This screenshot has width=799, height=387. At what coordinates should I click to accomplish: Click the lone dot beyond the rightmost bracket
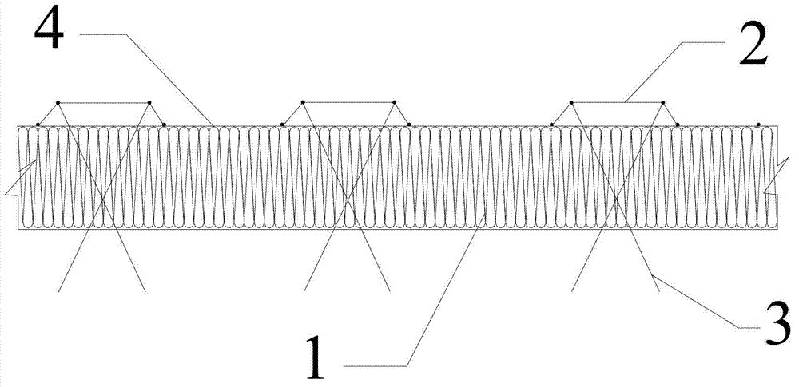click(x=758, y=124)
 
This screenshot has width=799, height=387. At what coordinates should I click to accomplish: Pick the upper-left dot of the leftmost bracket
click(x=58, y=102)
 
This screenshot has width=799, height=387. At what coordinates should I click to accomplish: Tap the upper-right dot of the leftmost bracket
click(x=149, y=102)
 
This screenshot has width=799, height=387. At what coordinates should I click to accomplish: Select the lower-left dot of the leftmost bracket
click(x=38, y=124)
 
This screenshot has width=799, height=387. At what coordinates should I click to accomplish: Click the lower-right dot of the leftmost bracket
click(x=164, y=124)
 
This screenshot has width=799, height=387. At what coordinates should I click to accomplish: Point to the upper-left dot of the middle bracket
click(x=303, y=102)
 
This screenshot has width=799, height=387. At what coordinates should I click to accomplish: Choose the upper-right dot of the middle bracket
click(x=394, y=102)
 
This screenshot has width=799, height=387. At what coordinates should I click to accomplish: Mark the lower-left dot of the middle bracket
click(x=282, y=124)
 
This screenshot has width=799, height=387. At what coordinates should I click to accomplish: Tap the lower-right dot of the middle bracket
click(x=409, y=124)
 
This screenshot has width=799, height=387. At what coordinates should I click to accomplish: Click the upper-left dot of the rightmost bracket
click(x=571, y=102)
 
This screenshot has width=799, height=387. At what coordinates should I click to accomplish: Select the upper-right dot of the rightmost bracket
click(x=662, y=102)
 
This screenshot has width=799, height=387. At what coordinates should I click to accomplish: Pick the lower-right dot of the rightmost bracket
click(x=678, y=124)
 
